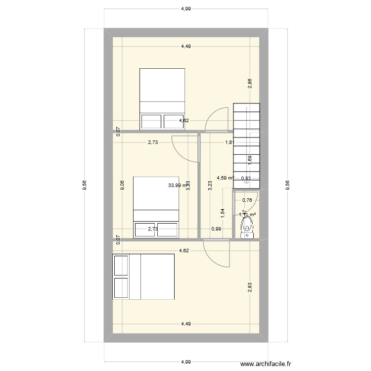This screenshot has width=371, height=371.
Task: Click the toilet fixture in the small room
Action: click(247, 228)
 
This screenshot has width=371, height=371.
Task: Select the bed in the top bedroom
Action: click(162, 98)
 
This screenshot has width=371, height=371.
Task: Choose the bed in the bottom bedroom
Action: click(143, 277)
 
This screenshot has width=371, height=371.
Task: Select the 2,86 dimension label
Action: click(250, 84)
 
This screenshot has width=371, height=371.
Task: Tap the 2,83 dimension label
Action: click(250, 287)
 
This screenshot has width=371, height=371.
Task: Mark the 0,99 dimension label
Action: click(216, 229)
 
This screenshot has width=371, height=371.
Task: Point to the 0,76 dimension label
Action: click(247, 200)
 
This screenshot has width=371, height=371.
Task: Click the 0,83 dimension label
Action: click(246, 179)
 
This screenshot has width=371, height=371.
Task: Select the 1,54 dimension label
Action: click(223, 213)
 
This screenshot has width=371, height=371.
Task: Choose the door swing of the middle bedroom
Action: click(185, 148)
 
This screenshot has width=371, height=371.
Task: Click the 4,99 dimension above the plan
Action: click(185, 8)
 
